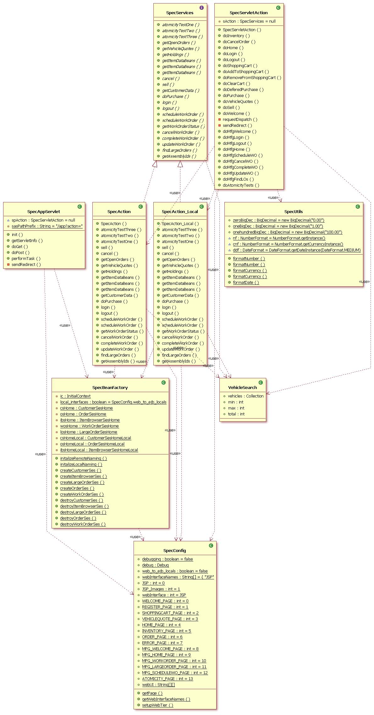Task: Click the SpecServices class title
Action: coord(180,13)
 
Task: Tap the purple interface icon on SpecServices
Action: coord(201,8)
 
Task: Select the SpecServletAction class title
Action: coord(249,13)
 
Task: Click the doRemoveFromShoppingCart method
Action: coord(252,78)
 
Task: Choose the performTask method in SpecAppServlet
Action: coord(26,259)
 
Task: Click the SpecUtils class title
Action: coord(294,212)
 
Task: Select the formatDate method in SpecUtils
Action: coord(246,283)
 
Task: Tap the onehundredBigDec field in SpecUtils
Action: coord(287,232)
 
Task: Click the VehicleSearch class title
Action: coord(242,388)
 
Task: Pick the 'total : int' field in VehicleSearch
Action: coord(236,414)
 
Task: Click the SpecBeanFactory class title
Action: coord(110,388)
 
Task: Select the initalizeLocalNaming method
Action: coord(81,464)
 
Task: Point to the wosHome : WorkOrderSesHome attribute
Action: coord(89,426)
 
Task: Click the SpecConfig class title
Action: coord(175,551)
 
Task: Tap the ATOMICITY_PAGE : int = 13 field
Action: coord(167,679)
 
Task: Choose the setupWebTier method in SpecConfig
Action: coord(157,705)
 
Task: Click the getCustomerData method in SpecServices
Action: coord(180,91)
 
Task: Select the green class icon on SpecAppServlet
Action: coord(80,206)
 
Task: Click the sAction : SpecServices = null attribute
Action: coord(249,21)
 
